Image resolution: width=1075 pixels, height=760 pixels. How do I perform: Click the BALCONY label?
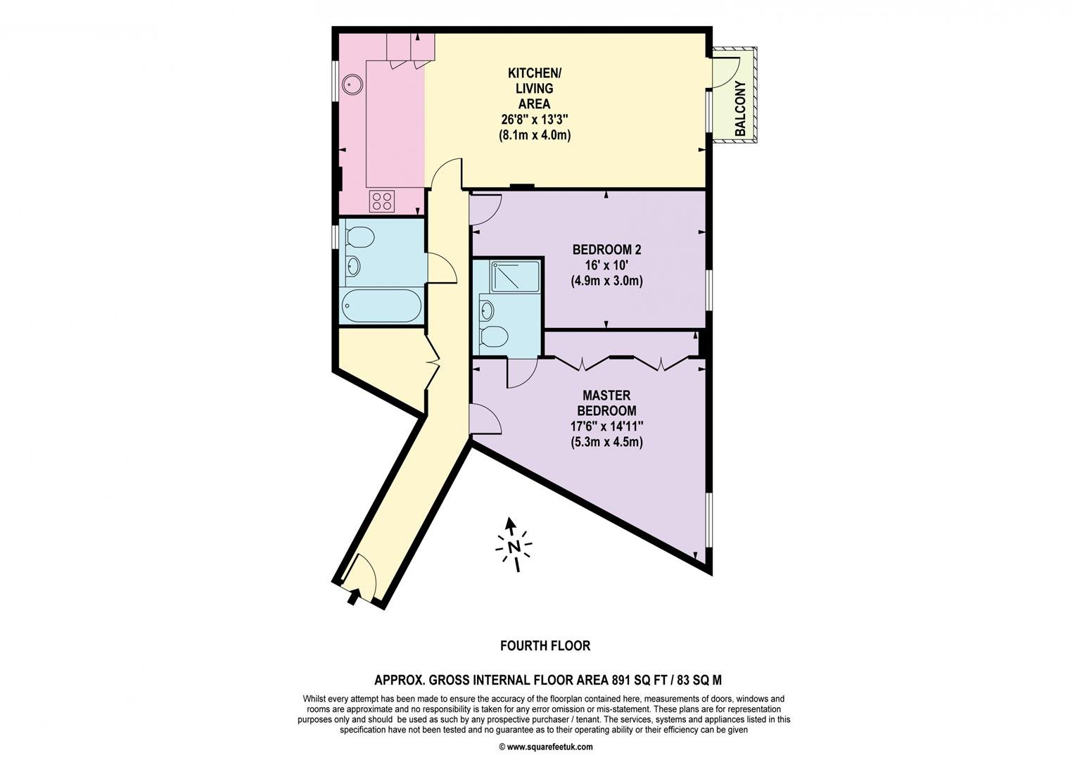click(x=741, y=108)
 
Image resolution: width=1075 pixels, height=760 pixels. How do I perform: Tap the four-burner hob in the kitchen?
click(x=382, y=201)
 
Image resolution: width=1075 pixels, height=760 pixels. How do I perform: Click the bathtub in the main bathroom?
click(x=383, y=305)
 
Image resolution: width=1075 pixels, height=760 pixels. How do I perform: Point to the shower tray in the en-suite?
click(x=514, y=277)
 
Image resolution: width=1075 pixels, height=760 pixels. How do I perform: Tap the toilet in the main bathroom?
click(x=360, y=237)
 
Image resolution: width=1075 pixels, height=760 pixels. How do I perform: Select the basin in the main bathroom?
click(x=353, y=266)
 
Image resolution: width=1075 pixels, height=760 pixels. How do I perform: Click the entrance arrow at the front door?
click(x=352, y=597)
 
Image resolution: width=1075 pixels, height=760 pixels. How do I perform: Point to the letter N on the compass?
click(x=514, y=547)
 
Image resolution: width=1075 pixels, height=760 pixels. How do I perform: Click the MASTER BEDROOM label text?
click(x=606, y=403)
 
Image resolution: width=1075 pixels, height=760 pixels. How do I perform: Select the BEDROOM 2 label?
click(x=606, y=250)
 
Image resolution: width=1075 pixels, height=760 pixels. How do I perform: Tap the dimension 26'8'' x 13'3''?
click(x=535, y=119)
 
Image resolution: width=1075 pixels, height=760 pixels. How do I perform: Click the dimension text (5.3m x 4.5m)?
click(x=606, y=442)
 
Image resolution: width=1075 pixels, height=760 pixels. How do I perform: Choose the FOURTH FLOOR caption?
click(x=545, y=646)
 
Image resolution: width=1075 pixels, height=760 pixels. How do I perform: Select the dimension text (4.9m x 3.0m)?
click(x=606, y=280)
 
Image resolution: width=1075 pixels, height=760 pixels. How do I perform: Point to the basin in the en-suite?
click(x=486, y=310)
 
